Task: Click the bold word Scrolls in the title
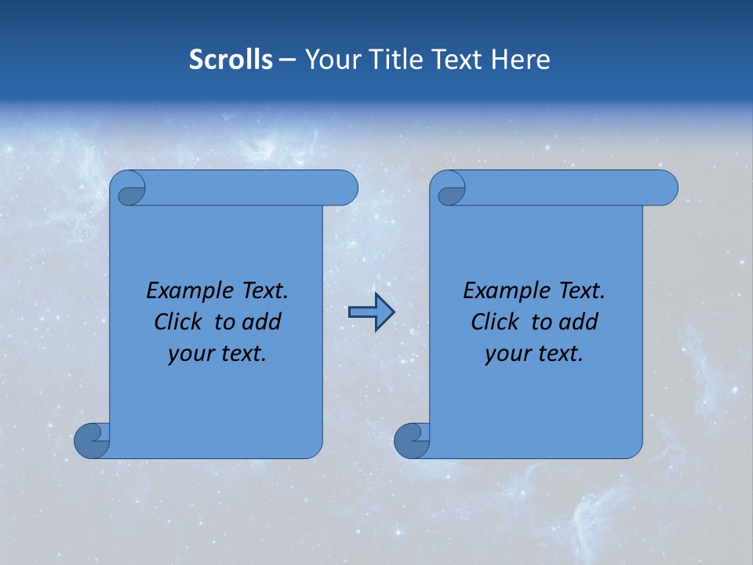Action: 231,60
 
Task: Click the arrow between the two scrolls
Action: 371,312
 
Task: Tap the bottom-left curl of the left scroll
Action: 92,440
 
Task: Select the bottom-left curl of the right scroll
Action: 412,440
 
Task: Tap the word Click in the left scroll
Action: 178,323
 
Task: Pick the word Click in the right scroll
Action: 495,323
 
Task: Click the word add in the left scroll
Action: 263,323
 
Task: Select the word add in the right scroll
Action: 580,323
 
